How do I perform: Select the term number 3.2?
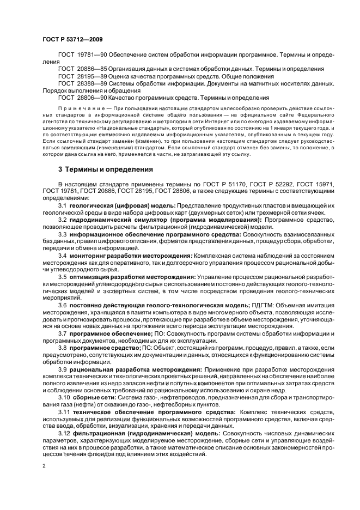click(62, 220)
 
